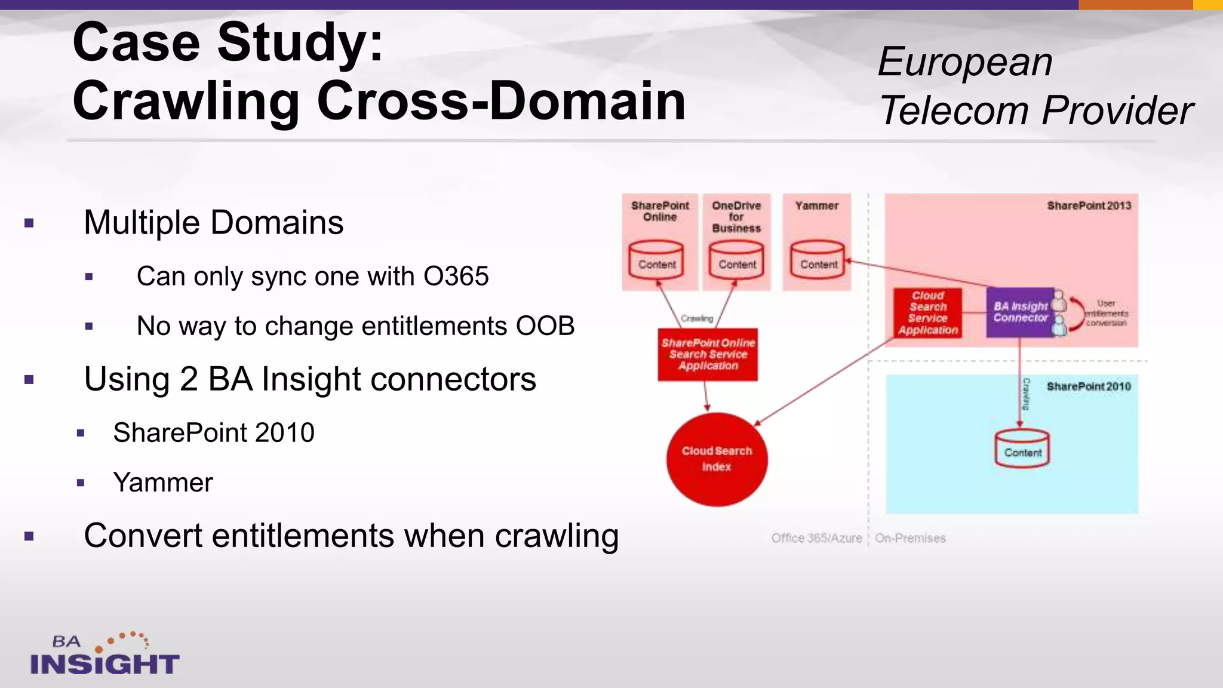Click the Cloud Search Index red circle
click(x=717, y=459)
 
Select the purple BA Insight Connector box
click(x=1020, y=312)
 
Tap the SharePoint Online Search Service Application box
click(x=708, y=355)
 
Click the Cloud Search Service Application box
click(x=927, y=313)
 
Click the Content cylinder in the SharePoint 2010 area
click(x=1022, y=449)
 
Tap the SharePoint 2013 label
click(x=1089, y=206)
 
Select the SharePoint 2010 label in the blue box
click(x=1088, y=387)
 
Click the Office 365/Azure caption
click(x=816, y=538)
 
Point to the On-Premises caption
click(x=910, y=538)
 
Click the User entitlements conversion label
click(x=1106, y=314)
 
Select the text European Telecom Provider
click(x=1035, y=86)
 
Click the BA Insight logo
click(x=105, y=655)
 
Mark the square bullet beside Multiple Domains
click(x=29, y=224)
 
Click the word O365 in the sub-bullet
click(x=456, y=277)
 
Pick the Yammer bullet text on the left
click(x=162, y=483)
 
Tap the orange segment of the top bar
click(x=1135, y=5)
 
